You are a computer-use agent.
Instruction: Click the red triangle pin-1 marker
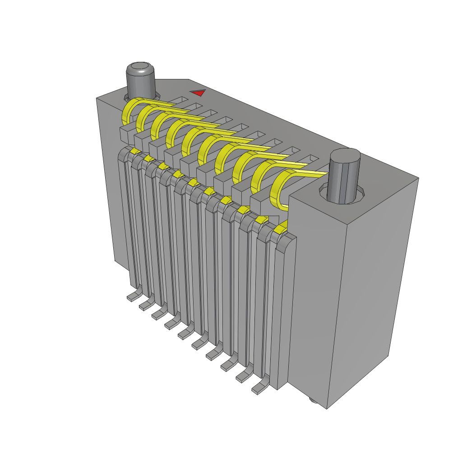point(198,92)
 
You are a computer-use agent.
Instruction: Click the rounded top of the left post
point(140,69)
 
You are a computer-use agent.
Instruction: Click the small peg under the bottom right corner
point(312,400)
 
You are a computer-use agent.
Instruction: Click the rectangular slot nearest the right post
point(311,159)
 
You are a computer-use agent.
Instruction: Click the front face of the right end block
point(316,293)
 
